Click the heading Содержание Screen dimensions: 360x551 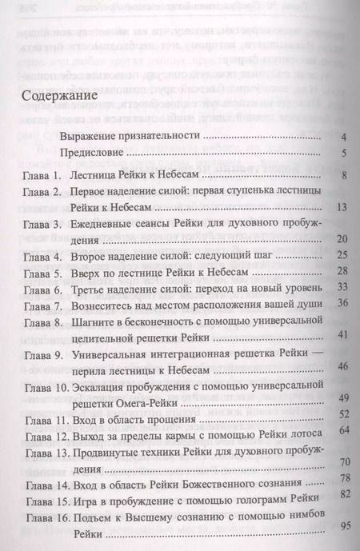coord(57,105)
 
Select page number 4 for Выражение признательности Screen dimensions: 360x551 coord(342,138)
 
